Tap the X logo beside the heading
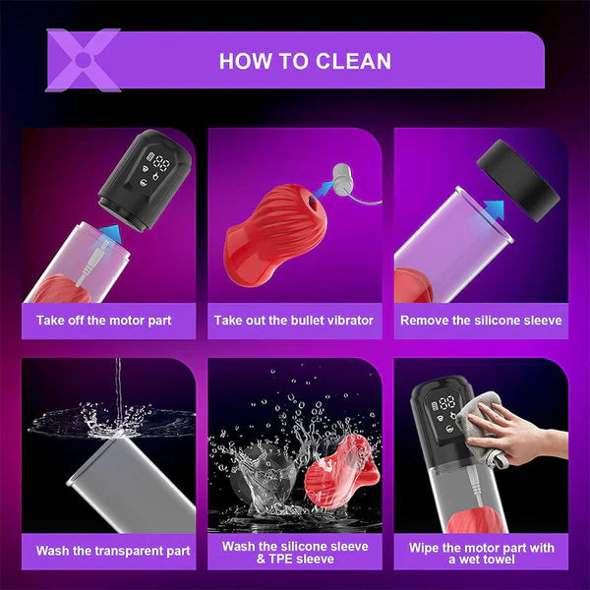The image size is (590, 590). (x=84, y=59)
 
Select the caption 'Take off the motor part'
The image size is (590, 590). (x=104, y=320)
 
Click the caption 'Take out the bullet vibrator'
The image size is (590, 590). (x=294, y=320)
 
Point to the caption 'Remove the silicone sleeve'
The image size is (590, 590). (x=481, y=320)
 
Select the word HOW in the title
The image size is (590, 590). (x=246, y=61)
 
